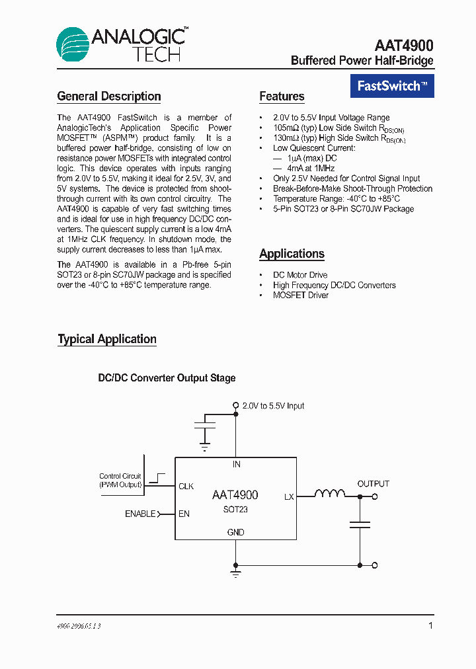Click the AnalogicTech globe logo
click(x=73, y=44)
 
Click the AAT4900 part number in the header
click(x=404, y=46)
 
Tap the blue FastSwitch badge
click(x=392, y=85)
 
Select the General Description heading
click(x=109, y=97)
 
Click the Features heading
click(x=282, y=97)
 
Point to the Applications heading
click(x=292, y=254)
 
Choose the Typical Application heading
click(x=107, y=339)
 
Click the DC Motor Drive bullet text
click(x=300, y=275)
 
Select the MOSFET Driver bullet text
click(x=301, y=295)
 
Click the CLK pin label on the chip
click(x=186, y=487)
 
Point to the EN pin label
click(x=184, y=514)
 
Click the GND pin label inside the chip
click(x=235, y=532)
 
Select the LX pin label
click(x=289, y=496)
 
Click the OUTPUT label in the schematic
click(x=374, y=484)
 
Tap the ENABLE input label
click(x=140, y=514)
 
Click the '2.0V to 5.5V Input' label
click(x=273, y=406)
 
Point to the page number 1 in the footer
click(x=431, y=625)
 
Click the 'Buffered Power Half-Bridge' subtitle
click(x=362, y=61)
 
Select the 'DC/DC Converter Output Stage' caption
click(x=167, y=378)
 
